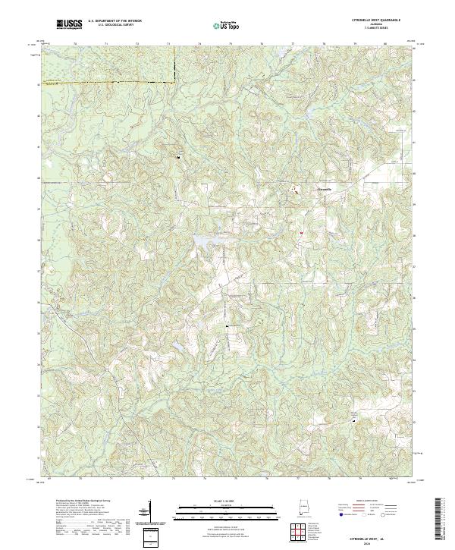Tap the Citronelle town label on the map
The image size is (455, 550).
[324, 188]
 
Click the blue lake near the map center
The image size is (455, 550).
[206, 240]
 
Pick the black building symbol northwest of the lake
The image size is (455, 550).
[179, 157]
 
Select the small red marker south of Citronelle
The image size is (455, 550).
[301, 232]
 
